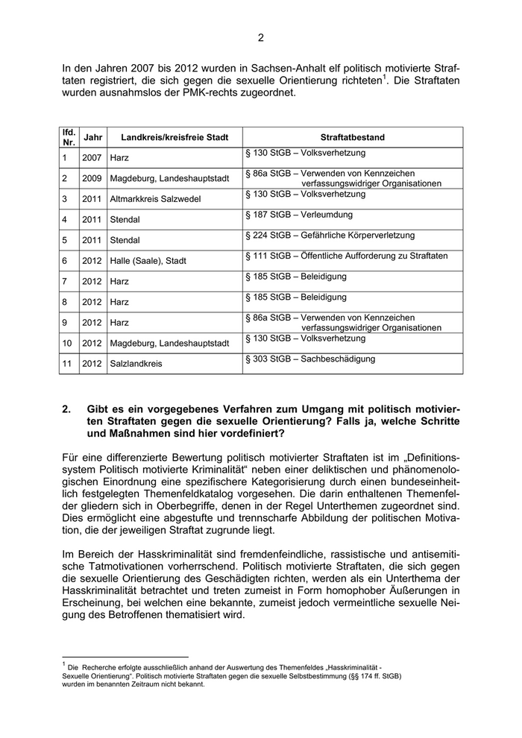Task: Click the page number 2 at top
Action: click(261, 38)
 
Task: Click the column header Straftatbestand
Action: click(352, 137)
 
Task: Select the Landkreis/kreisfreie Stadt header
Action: click(169, 137)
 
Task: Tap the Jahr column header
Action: click(93, 137)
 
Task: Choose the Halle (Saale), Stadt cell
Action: click(148, 261)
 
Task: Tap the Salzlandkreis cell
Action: click(136, 364)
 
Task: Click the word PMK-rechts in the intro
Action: click(223, 93)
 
